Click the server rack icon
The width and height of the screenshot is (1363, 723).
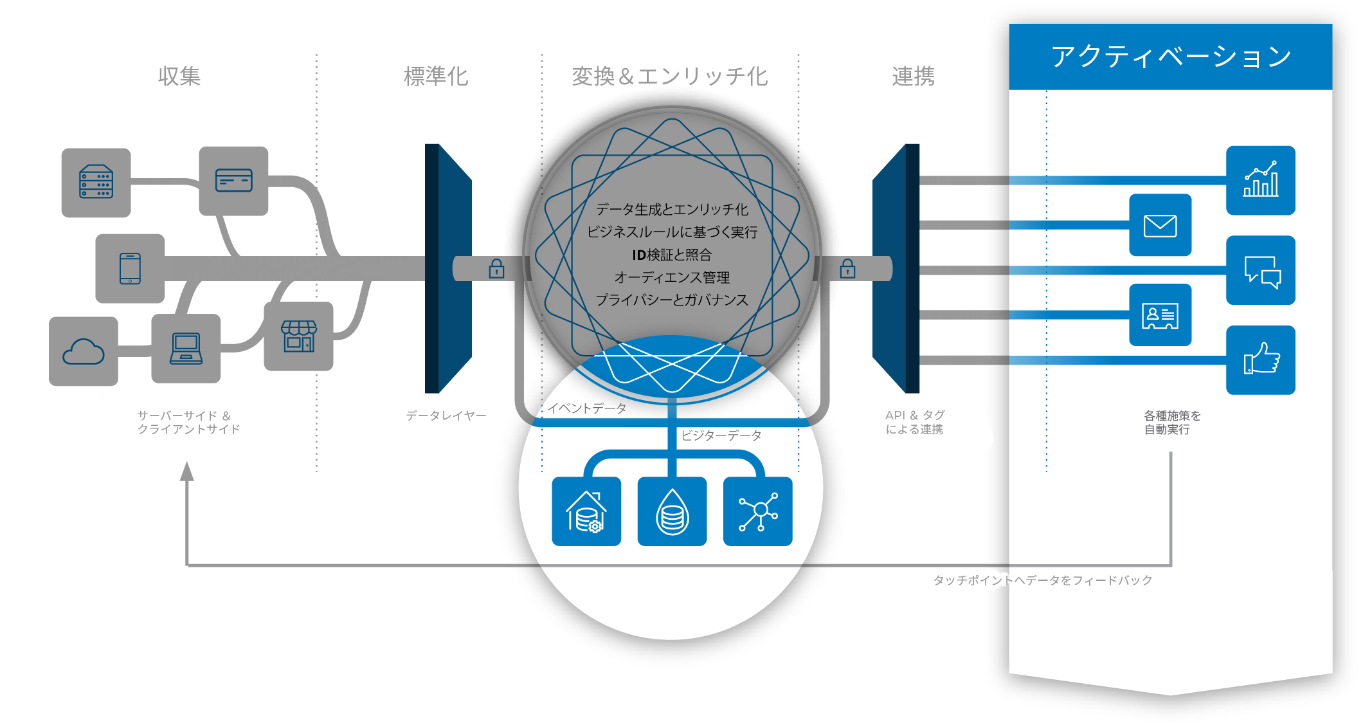[96, 182]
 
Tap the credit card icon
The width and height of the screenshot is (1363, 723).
[233, 181]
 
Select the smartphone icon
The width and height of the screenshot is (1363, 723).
[130, 268]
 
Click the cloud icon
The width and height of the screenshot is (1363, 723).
[84, 352]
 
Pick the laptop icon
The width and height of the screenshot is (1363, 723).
[186, 349]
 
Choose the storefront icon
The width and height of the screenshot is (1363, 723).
[298, 336]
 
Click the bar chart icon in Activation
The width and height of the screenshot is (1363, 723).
[1260, 180]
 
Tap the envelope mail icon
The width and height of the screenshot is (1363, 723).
[1160, 225]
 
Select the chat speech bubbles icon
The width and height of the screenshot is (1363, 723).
[1260, 271]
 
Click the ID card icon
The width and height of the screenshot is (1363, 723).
[1160, 315]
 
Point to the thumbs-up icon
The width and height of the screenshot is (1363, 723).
[1260, 360]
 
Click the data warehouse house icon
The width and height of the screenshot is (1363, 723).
[586, 511]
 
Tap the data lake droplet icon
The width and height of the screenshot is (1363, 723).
[672, 511]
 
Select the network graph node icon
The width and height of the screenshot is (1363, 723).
[758, 511]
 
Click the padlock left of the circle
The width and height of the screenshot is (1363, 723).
[496, 268]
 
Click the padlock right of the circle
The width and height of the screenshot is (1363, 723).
[847, 268]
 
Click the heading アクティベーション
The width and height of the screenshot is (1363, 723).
[1171, 57]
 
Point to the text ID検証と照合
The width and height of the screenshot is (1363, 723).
[672, 255]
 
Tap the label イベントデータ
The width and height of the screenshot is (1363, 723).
[586, 408]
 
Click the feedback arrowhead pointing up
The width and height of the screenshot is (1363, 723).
[186, 471]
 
